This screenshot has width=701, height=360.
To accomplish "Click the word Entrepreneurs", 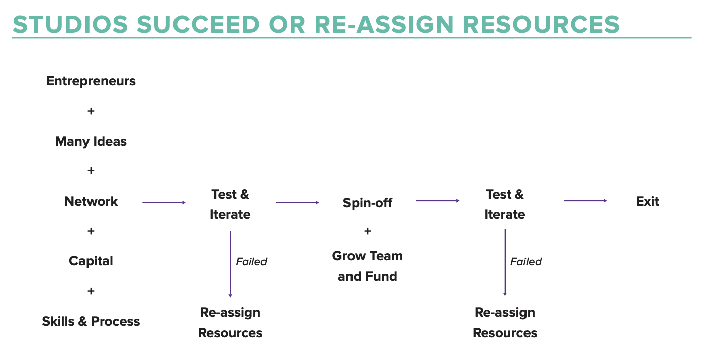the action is coord(91,81).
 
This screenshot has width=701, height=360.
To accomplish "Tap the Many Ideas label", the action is coord(91,142).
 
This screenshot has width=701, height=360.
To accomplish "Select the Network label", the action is coord(91,201).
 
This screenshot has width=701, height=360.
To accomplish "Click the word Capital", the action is coord(91,261).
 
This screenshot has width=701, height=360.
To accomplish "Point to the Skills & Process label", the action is coord(91,321).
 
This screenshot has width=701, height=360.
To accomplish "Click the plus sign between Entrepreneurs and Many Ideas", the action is coord(91,111).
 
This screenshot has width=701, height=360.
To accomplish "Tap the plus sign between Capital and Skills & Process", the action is coord(91,291).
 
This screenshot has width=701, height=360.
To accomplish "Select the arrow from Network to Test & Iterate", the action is coord(164,202).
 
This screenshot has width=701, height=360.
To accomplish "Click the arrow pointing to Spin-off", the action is coord(297,202).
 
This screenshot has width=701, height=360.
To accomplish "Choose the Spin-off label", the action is coord(368,203).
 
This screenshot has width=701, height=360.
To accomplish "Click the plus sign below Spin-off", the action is coord(368,231).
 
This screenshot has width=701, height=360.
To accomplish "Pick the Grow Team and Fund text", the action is coord(368,266).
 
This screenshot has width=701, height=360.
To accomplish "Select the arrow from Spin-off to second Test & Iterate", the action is coord(438,201).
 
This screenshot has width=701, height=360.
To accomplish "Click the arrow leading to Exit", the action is coord(585,201).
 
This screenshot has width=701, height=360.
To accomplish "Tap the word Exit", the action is coord(648,201).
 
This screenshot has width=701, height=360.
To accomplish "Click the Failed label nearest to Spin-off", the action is coord(251,262).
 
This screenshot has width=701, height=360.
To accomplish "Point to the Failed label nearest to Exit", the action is coord(526,262).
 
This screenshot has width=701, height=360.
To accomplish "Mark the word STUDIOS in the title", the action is coord(70,25).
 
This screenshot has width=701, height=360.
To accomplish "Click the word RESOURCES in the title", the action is coord(541,25).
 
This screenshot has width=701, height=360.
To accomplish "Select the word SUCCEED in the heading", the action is coord(199,25).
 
